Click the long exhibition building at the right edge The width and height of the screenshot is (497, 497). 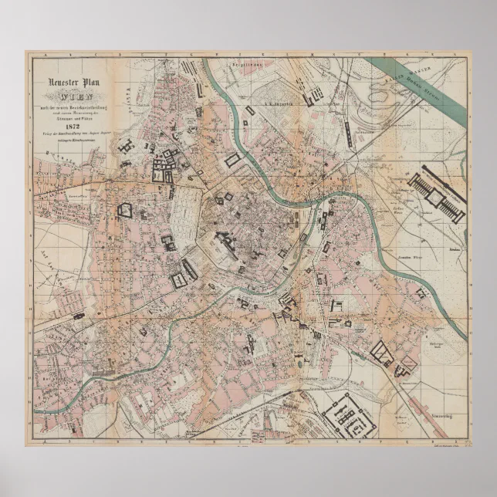point(437,197)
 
